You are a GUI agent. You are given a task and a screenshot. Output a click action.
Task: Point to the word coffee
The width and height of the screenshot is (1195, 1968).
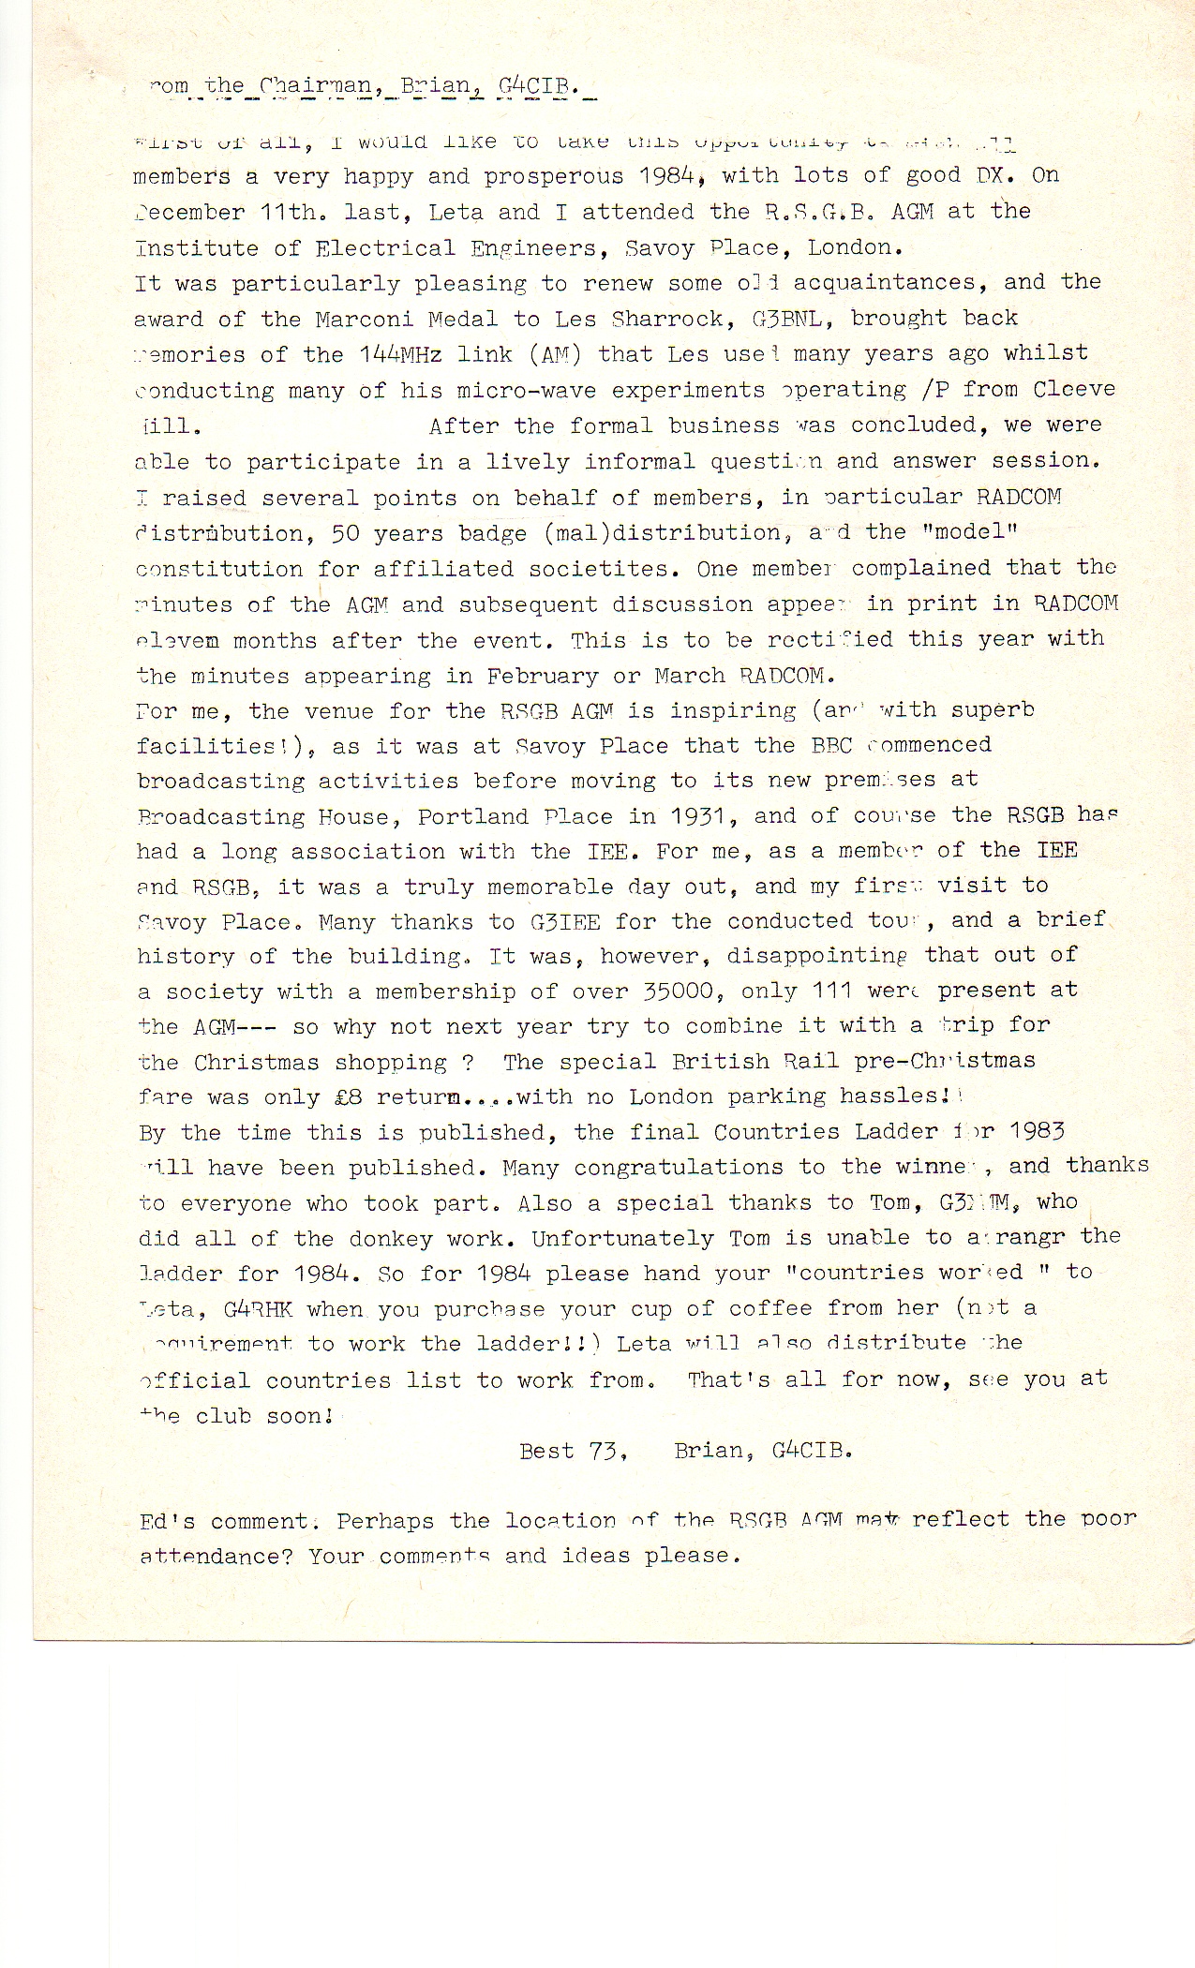click(x=769, y=1308)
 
